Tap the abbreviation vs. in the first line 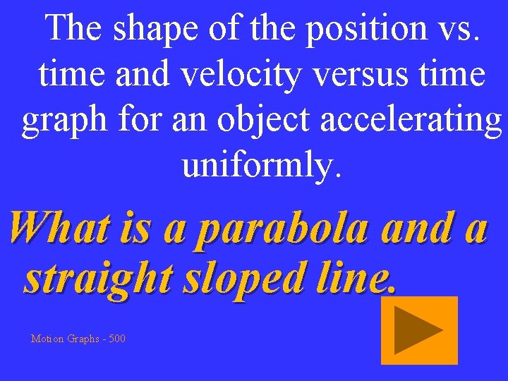coord(459,30)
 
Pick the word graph coord(61,121)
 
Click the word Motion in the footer coord(47,339)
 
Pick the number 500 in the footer coord(117,339)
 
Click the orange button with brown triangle coord(419,330)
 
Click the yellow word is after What coord(134,229)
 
